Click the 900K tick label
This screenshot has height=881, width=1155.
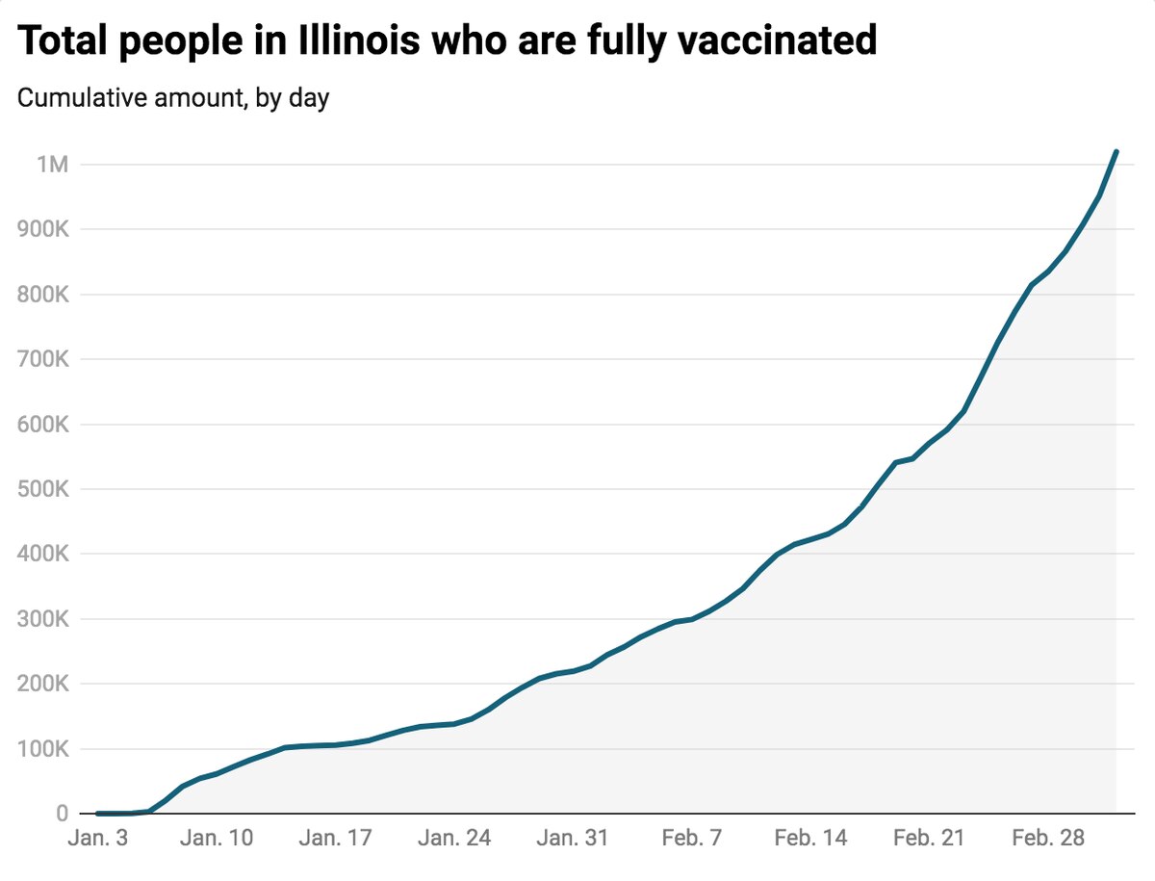click(42, 230)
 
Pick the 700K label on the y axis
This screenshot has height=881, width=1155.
click(42, 360)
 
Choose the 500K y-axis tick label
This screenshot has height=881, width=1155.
click(42, 490)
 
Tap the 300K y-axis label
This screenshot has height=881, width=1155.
click(42, 620)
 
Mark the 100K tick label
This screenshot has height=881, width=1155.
click(42, 750)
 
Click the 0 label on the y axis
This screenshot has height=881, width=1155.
click(62, 815)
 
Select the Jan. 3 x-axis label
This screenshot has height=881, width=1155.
click(97, 840)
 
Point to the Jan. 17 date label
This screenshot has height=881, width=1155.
click(334, 840)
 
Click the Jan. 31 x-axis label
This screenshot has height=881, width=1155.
click(572, 840)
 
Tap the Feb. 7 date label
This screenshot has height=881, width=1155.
click(692, 840)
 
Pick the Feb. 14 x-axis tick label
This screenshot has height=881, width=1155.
click(811, 840)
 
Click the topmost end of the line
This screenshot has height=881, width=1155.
click(1116, 151)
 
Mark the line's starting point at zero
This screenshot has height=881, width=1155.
click(97, 814)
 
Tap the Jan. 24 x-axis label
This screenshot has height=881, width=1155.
click(453, 840)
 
